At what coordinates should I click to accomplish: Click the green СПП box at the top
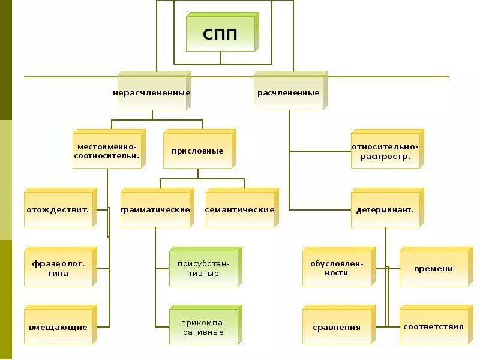221,34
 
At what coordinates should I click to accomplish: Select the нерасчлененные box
152,93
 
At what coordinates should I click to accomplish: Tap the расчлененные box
289,93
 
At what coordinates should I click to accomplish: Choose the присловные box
198,151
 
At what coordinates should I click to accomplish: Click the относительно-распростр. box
385,151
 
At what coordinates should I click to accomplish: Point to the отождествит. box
59,210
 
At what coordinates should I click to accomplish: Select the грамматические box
155,210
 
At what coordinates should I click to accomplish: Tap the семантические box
240,210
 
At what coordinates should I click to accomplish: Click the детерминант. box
385,210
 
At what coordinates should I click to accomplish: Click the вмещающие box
59,327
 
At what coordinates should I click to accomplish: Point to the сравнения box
337,327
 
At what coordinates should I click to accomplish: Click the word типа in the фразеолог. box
58,274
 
